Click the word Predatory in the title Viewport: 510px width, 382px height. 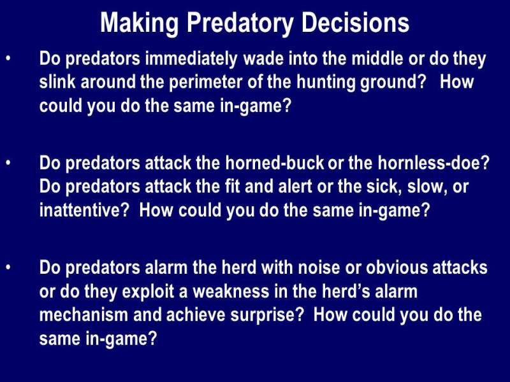[x=240, y=24]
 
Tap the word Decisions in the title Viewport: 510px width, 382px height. [x=355, y=23]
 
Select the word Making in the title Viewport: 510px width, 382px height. [x=139, y=24]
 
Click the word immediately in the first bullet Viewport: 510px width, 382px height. [x=191, y=59]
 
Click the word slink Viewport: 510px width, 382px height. [x=57, y=81]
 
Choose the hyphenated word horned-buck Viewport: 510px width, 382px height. [x=275, y=162]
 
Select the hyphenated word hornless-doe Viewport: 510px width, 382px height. [x=433, y=162]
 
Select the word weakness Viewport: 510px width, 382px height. [x=231, y=292]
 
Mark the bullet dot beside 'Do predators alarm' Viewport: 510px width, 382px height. [x=8, y=267]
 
